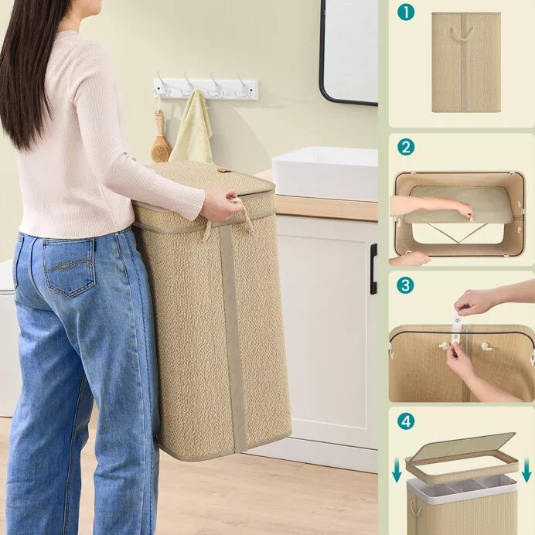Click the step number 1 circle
point(406,12)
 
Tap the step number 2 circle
point(406,147)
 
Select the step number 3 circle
point(405,285)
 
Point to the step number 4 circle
point(406,421)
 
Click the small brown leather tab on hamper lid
point(222,170)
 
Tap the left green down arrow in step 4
point(397,470)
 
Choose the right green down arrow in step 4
point(526,470)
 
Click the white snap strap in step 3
point(456,330)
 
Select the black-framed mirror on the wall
point(349,51)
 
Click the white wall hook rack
point(206,88)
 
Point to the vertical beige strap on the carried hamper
point(233,338)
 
